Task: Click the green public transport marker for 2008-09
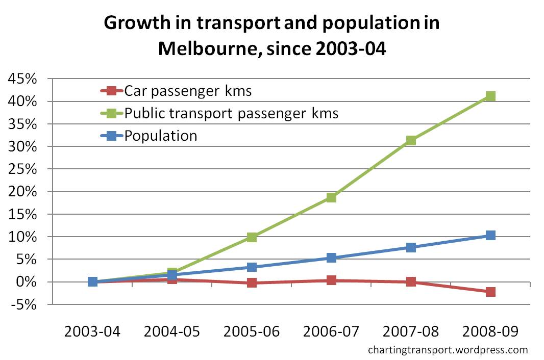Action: point(490,96)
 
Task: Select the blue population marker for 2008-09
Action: point(490,236)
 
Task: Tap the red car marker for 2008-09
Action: point(490,292)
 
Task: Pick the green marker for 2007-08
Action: point(411,140)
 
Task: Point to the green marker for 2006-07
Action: point(331,197)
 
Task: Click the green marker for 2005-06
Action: point(252,237)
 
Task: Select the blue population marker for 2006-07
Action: point(331,258)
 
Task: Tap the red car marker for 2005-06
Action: point(252,283)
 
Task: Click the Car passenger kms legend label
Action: point(188,91)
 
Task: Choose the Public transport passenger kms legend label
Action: point(231,113)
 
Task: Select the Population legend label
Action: point(161,136)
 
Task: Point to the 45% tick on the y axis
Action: point(21,80)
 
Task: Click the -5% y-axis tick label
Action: point(23,305)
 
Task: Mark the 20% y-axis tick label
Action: point(21,192)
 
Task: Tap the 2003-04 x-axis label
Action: point(92,331)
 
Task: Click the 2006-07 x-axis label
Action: point(331,331)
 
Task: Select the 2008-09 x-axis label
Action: point(490,331)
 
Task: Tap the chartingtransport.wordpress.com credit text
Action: point(447,350)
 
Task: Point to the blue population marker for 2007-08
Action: point(411,247)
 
